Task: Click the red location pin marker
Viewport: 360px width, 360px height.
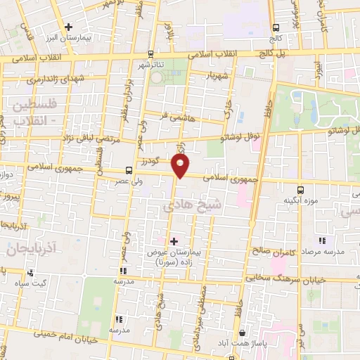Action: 181,166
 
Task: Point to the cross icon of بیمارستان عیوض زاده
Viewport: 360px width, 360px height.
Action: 174,241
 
